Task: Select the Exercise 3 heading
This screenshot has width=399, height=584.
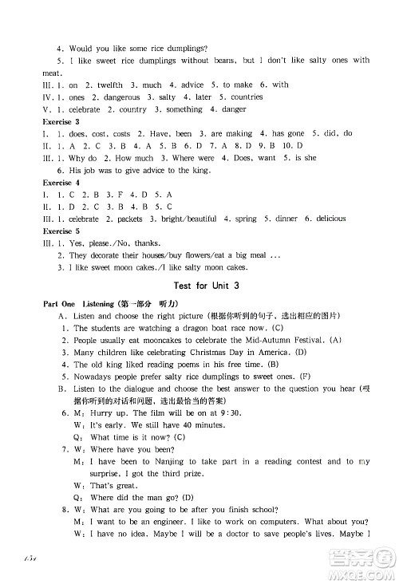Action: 57,121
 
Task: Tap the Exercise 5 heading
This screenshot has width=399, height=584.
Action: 57,231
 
